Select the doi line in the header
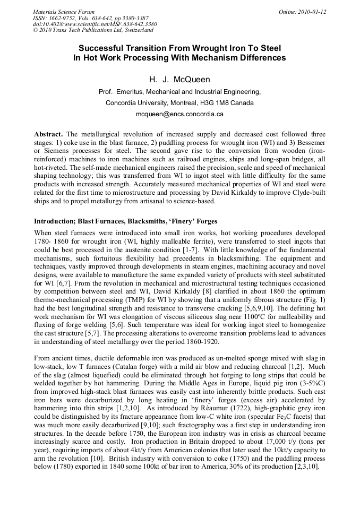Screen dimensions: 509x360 point(87,24)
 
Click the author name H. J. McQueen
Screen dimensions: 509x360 point(179,80)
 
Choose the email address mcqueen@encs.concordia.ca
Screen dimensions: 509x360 point(179,114)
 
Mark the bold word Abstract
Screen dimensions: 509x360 point(49,134)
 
